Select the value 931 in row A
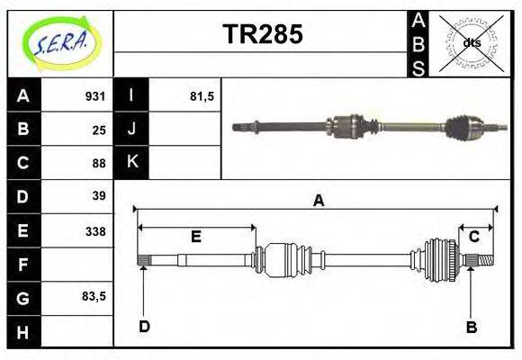click(x=95, y=96)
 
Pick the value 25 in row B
click(x=99, y=130)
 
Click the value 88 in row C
click(x=99, y=163)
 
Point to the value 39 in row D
click(x=99, y=196)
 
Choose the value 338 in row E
click(x=95, y=230)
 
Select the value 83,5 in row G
click(x=94, y=296)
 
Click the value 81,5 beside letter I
click(x=202, y=96)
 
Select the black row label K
click(x=131, y=163)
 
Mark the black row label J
click(x=131, y=130)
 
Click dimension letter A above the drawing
click(x=318, y=202)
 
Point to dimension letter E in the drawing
click(x=195, y=237)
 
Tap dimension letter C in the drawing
click(x=473, y=237)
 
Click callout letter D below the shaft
click(x=144, y=327)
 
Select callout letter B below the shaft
click(x=472, y=327)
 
